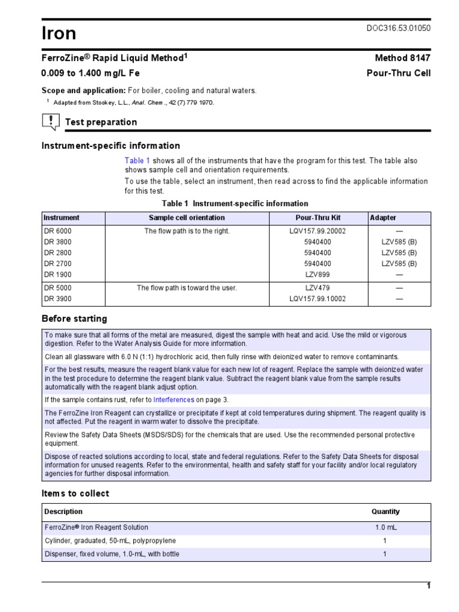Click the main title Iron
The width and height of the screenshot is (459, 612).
[59, 34]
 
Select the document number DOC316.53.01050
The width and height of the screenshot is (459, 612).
[398, 28]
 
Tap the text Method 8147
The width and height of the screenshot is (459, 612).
[402, 58]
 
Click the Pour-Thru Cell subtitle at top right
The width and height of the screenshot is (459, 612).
[398, 73]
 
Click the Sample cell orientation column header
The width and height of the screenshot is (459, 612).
[187, 218]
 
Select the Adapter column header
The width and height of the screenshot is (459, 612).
[383, 218]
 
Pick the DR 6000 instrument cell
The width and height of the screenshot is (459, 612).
[57, 231]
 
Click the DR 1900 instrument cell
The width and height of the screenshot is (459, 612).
[57, 274]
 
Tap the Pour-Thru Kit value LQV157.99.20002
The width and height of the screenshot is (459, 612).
[317, 231]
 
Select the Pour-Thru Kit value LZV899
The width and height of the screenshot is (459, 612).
[317, 274]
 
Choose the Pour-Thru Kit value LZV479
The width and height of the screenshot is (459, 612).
[317, 288]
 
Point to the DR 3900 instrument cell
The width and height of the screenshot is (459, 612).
[57, 299]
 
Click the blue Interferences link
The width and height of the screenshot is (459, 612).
[173, 399]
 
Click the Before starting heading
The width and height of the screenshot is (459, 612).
[74, 319]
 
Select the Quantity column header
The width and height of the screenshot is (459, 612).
[385, 512]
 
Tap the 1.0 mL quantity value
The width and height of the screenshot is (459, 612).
[385, 528]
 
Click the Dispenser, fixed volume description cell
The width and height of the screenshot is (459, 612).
[112, 554]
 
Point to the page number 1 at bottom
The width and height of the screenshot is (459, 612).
[428, 586]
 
